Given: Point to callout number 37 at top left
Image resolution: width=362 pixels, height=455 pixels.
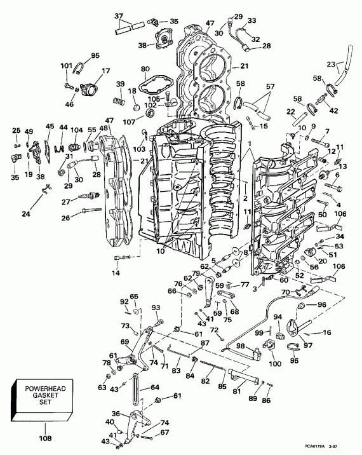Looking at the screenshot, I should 119,16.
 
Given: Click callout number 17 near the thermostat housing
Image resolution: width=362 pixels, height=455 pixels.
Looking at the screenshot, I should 105,71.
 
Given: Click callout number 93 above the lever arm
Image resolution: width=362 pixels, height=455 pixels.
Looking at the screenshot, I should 156,308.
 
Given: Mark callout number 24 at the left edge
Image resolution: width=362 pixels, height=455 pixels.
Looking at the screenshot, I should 26,214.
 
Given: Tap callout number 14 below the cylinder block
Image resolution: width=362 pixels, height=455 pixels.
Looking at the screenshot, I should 115,273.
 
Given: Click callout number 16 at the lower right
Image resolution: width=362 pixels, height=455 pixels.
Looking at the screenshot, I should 326,332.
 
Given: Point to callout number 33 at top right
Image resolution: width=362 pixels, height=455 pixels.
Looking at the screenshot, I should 252,21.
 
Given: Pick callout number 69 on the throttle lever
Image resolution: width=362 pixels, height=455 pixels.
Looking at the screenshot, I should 124,343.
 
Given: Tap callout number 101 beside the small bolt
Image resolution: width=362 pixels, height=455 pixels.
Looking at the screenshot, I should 66,65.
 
